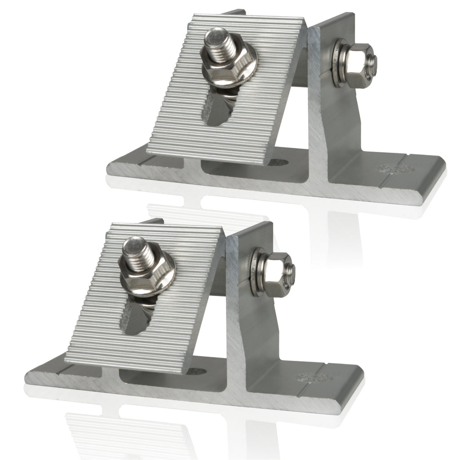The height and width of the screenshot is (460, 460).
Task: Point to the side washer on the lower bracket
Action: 257,274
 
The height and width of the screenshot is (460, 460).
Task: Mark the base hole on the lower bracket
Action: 200,372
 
